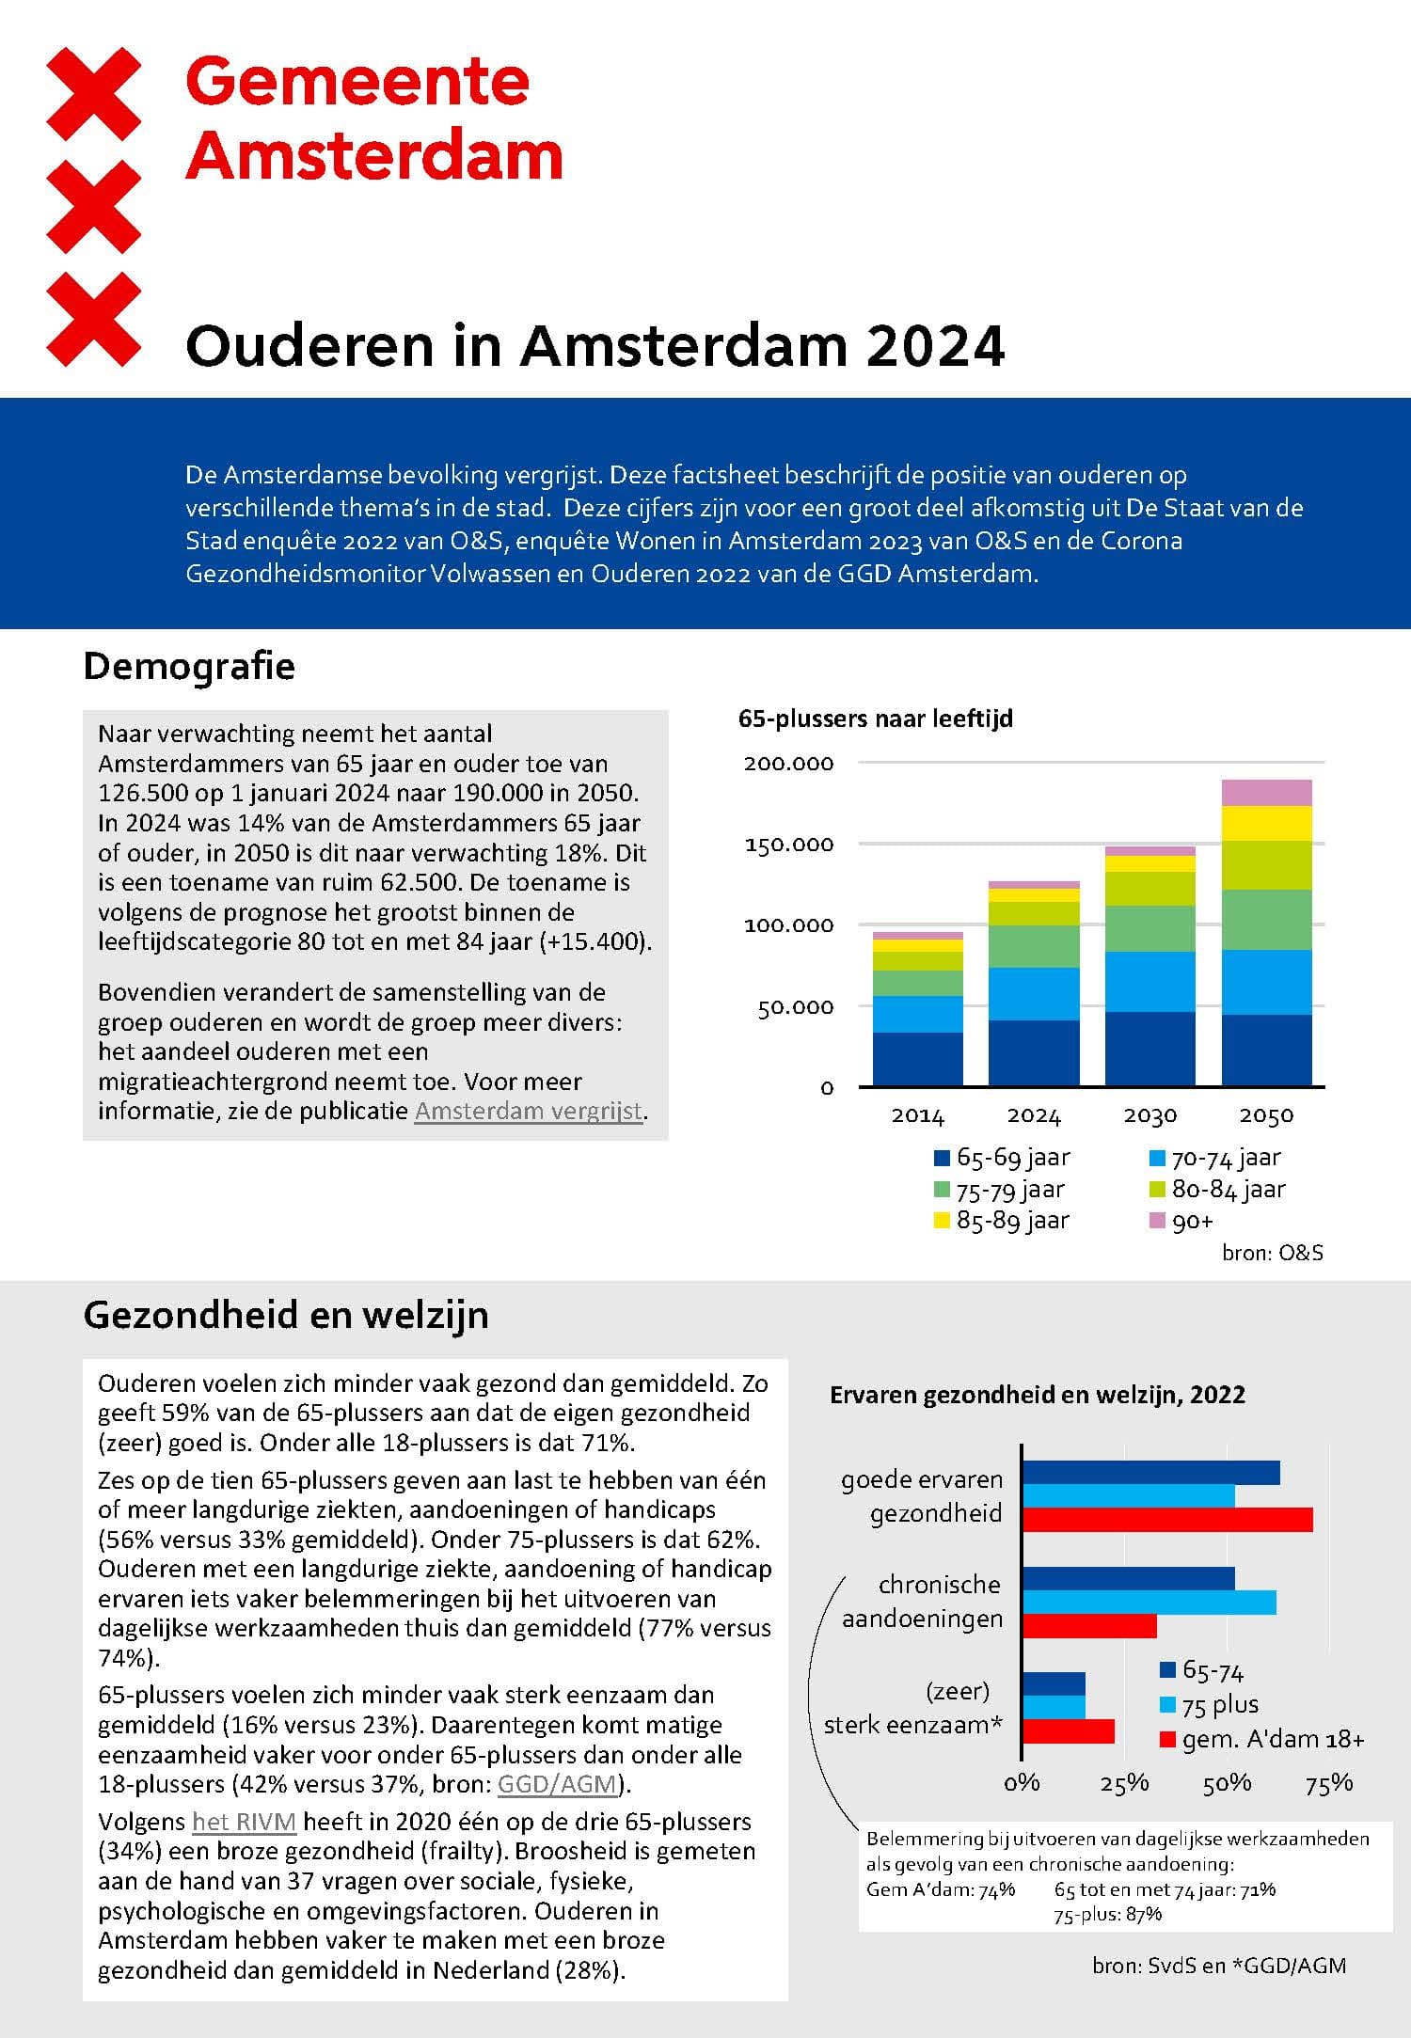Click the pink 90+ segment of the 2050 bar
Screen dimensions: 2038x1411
click(1266, 793)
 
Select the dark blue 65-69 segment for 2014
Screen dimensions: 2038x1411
click(917, 1059)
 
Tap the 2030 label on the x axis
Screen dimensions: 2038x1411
click(1149, 1115)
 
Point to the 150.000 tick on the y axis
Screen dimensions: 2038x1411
click(788, 845)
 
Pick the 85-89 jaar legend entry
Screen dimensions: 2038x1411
click(1002, 1221)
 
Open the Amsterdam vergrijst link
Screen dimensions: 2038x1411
click(529, 1111)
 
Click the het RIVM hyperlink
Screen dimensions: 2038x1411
click(244, 1822)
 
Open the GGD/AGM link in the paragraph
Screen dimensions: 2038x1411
click(557, 1784)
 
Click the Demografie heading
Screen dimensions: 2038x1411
click(189, 666)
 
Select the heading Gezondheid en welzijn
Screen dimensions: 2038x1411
click(286, 1315)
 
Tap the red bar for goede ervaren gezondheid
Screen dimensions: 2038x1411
click(1166, 1519)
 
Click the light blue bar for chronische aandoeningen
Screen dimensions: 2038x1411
click(1149, 1603)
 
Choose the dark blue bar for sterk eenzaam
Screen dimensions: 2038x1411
click(1054, 1683)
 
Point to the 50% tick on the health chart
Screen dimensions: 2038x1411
click(1227, 1783)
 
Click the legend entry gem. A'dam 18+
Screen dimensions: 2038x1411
click(1262, 1740)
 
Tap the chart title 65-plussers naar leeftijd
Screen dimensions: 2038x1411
click(876, 719)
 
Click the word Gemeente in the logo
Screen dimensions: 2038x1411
click(357, 82)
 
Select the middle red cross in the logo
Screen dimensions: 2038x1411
click(94, 206)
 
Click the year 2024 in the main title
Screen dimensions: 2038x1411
click(935, 346)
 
